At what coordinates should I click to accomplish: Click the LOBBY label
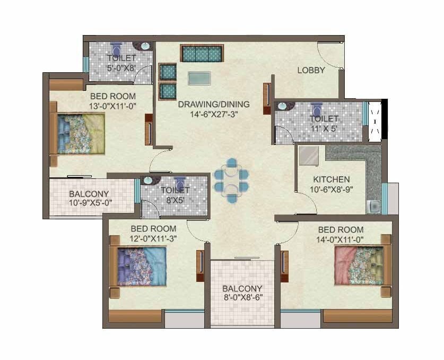[311, 70]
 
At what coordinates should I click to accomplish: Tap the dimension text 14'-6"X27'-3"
[214, 114]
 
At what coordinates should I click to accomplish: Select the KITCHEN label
[332, 179]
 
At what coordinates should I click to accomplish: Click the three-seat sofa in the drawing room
[202, 53]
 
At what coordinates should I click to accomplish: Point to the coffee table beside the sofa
[199, 78]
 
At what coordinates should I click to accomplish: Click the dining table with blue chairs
[231, 181]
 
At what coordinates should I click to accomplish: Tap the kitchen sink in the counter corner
[373, 207]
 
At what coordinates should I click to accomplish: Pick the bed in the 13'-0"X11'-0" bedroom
[77, 133]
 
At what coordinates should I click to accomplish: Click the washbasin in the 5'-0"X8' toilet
[145, 46]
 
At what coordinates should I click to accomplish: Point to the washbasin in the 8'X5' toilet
[148, 180]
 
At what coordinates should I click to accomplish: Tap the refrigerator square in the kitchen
[309, 156]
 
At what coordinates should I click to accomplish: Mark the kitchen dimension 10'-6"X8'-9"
[332, 190]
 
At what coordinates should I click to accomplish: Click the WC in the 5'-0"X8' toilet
[116, 49]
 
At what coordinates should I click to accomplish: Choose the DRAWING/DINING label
[214, 104]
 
